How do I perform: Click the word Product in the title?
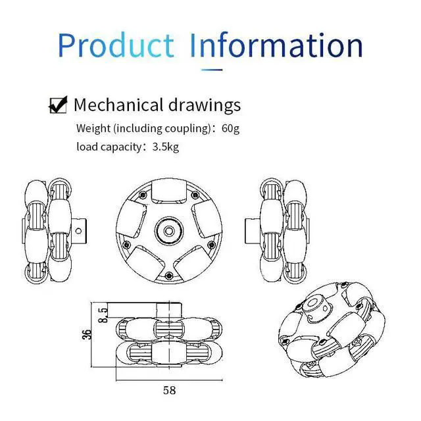[x=116, y=45]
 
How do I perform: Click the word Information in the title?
[x=276, y=45]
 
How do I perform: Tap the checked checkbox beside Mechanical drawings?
[x=58, y=105]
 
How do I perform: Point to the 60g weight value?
[x=230, y=128]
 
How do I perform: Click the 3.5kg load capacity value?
[x=165, y=147]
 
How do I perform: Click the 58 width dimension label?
[x=170, y=390]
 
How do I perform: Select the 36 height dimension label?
[x=87, y=335]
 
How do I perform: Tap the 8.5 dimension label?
[x=103, y=315]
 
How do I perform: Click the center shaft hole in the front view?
[x=169, y=231]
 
